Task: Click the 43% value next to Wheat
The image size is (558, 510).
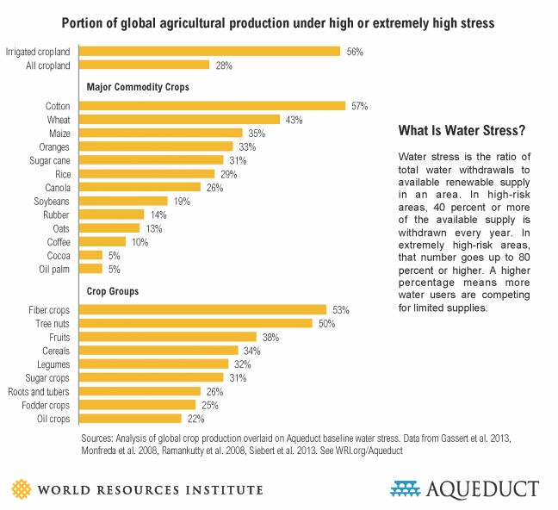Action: coord(294,120)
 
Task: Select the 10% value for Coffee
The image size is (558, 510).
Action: coord(140,242)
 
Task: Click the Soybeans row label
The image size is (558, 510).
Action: coord(52,201)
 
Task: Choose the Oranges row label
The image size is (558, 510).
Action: coord(53,146)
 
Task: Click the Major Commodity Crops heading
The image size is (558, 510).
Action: coord(138,87)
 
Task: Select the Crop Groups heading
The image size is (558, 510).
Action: coord(114,291)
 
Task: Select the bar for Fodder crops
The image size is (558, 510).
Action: coord(139,405)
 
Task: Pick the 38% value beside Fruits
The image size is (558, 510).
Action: coord(270,337)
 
